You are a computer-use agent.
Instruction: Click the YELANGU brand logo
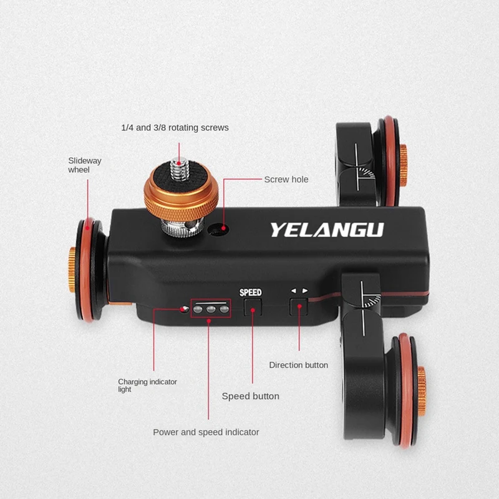tap(326, 229)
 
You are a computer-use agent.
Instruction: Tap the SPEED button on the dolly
tap(252, 306)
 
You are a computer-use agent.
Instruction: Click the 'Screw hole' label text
tap(286, 180)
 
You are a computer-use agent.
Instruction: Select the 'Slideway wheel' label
tap(85, 165)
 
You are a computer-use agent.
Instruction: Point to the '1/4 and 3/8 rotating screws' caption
tap(175, 128)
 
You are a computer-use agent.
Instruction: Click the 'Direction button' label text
tap(298, 365)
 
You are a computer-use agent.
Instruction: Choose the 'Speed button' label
tap(251, 396)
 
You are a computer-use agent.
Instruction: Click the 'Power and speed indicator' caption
tap(206, 432)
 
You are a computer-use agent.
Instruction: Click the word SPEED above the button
tap(251, 291)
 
